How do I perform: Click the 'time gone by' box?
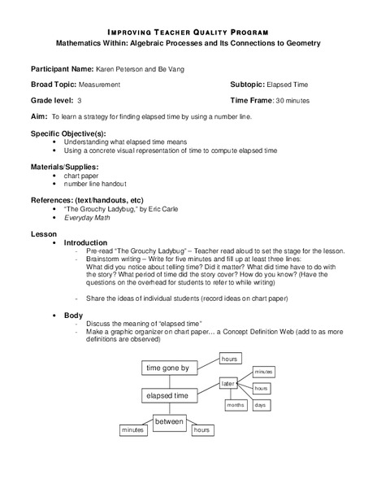[x=167, y=368]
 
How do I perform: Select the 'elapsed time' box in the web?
[x=167, y=395]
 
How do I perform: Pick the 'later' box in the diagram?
[x=228, y=382]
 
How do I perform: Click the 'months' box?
[x=236, y=404]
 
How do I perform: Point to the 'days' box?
[x=261, y=404]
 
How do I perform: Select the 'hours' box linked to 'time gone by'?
[x=230, y=359]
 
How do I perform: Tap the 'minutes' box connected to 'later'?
[x=262, y=371]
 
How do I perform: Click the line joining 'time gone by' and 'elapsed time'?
[x=167, y=381]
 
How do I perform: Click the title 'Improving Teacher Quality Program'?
[x=188, y=27]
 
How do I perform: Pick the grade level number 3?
[x=80, y=100]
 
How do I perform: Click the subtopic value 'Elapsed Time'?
[x=288, y=85]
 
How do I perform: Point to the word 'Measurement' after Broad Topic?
[x=99, y=85]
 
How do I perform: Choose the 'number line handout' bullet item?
[x=96, y=184]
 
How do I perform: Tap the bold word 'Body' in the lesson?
[x=72, y=315]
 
